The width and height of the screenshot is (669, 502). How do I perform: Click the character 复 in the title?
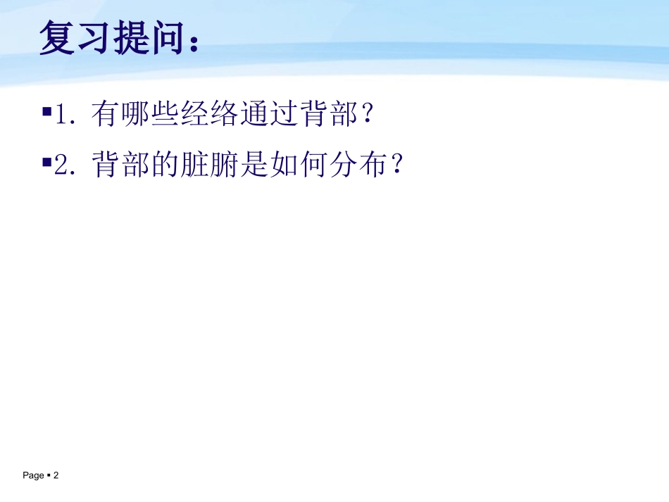coord(58,38)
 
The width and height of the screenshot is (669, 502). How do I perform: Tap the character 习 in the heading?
coord(95,38)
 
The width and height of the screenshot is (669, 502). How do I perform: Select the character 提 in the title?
coord(132,38)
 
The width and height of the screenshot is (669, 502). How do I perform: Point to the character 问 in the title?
coord(168,38)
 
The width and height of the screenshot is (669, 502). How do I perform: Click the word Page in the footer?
coord(33,476)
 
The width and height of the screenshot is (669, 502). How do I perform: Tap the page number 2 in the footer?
coord(56,476)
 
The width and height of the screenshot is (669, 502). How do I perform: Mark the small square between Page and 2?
coord(49,476)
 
